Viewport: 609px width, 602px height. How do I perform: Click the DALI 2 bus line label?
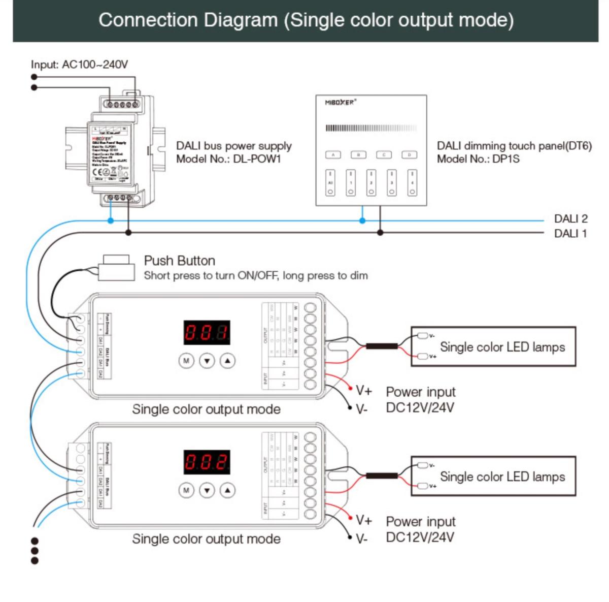570,219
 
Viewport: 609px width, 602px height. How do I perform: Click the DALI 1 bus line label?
570,234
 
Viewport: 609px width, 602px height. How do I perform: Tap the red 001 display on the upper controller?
207,333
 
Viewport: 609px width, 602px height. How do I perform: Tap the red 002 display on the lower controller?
207,462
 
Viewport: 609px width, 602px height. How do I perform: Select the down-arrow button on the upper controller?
207,361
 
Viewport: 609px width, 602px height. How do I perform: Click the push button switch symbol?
117,267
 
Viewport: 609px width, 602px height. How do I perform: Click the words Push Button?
179,261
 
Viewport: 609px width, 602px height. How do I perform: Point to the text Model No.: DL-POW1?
228,159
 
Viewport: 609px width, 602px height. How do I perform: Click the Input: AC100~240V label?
79,65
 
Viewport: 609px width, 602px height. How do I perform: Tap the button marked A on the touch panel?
333,154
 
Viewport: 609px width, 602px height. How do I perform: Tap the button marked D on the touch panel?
409,154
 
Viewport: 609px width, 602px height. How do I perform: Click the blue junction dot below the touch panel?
362,220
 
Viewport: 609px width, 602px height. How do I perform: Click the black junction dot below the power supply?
128,233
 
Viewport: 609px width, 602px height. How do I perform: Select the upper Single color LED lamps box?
493,347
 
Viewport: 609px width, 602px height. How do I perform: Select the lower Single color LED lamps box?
493,477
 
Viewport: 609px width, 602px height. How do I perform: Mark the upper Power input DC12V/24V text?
420,400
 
